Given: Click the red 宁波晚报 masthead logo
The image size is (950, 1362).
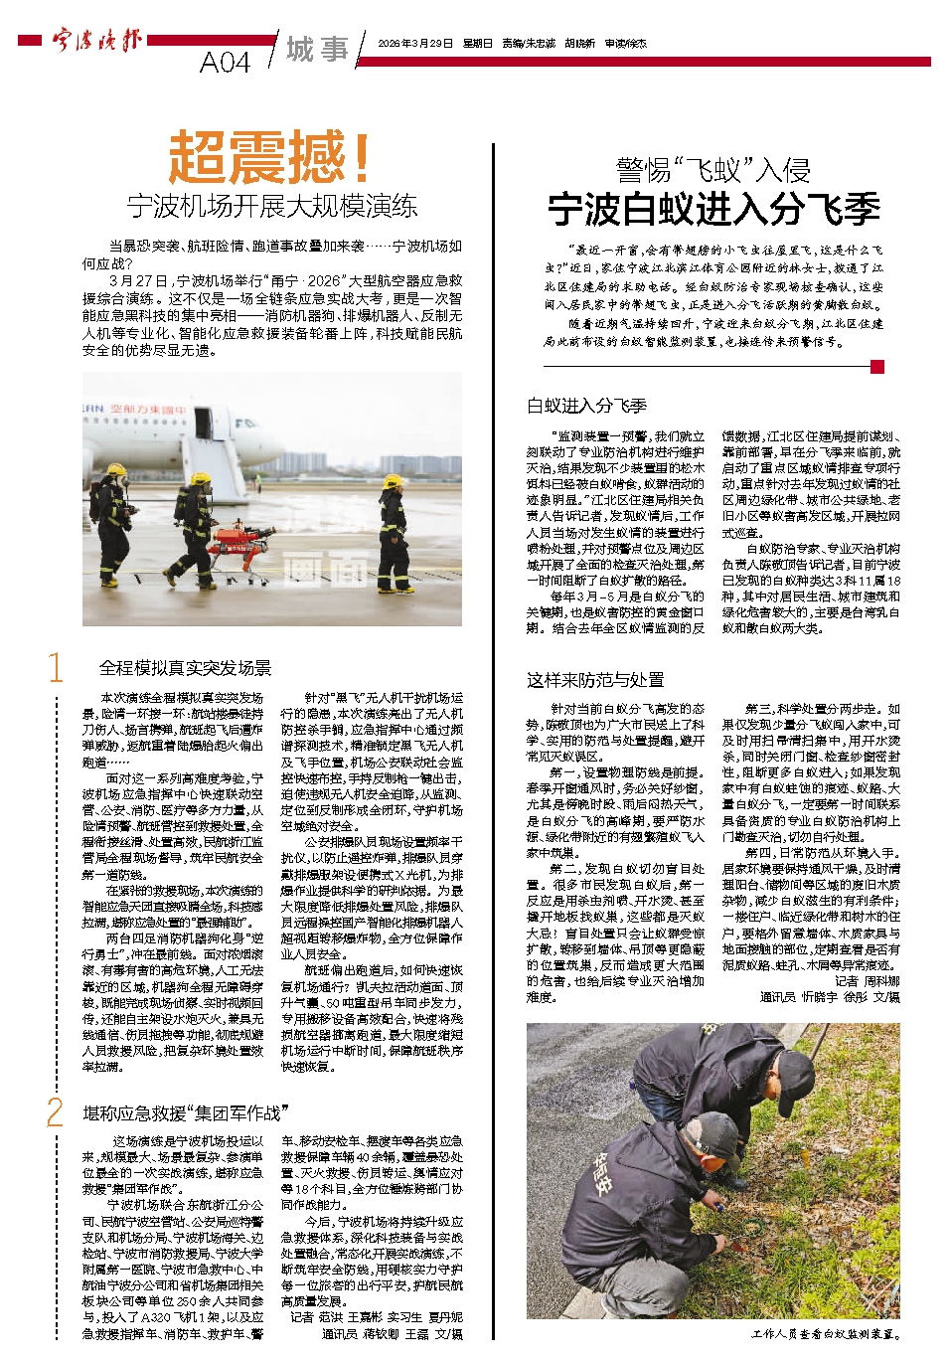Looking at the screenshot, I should [x=96, y=42].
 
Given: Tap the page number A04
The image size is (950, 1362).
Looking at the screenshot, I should [x=225, y=63].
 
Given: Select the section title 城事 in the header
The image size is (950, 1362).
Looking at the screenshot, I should [x=317, y=49].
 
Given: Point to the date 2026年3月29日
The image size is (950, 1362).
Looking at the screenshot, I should [x=414, y=44].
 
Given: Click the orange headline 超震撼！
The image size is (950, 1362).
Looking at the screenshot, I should [x=270, y=157].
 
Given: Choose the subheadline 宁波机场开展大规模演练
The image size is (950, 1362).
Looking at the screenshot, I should [x=271, y=207].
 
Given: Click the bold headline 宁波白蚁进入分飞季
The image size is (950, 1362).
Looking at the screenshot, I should [x=713, y=210].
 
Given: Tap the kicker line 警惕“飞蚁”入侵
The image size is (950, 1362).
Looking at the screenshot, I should [x=713, y=169].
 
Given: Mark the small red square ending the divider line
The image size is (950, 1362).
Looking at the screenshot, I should [x=876, y=367].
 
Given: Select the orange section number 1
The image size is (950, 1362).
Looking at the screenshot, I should [x=56, y=668].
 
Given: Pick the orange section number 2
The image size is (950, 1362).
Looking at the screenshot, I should [x=56, y=1112].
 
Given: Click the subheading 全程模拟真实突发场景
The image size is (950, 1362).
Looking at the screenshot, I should [x=185, y=668].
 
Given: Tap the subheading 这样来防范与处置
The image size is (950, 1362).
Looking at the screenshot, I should [x=595, y=680].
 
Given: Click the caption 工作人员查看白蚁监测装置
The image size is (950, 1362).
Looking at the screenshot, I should [x=825, y=1334].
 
